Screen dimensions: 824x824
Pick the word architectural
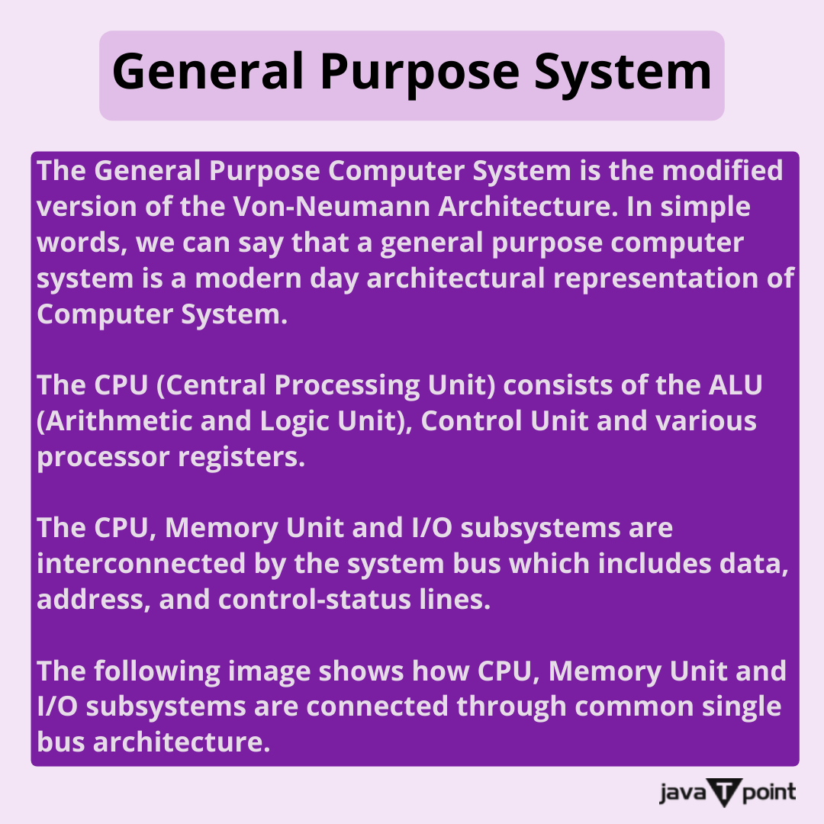[455, 278]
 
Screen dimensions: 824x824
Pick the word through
[514, 707]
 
